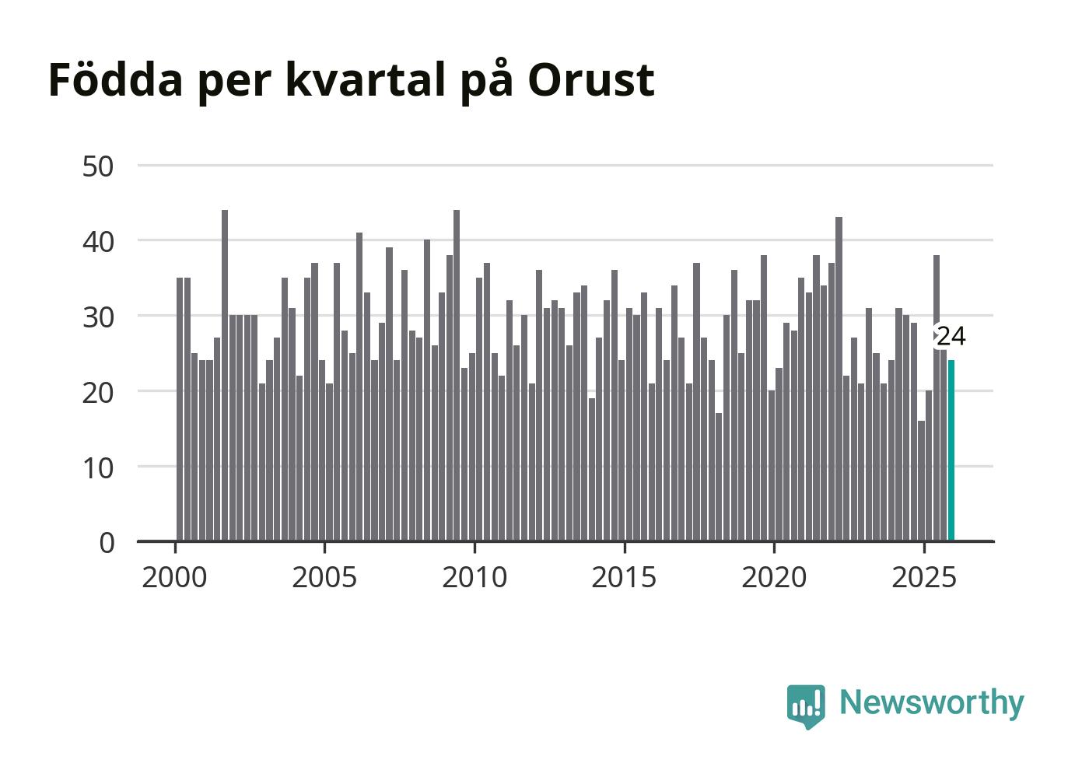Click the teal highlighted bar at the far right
(951, 450)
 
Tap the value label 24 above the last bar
(951, 337)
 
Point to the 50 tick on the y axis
(98, 166)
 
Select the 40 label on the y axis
(98, 241)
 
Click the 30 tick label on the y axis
(98, 317)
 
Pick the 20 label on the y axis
(98, 391)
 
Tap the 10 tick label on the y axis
(98, 467)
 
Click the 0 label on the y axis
(107, 542)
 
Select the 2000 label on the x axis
(174, 577)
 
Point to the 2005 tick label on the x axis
(324, 577)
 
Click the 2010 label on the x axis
(474, 577)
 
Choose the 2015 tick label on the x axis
(624, 577)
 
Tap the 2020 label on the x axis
(774, 577)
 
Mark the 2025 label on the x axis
(924, 577)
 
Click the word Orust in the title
(590, 79)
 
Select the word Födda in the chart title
(115, 79)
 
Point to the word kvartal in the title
(366, 79)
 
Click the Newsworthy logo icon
(806, 705)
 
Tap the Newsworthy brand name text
(931, 702)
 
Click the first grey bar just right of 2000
(180, 409)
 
